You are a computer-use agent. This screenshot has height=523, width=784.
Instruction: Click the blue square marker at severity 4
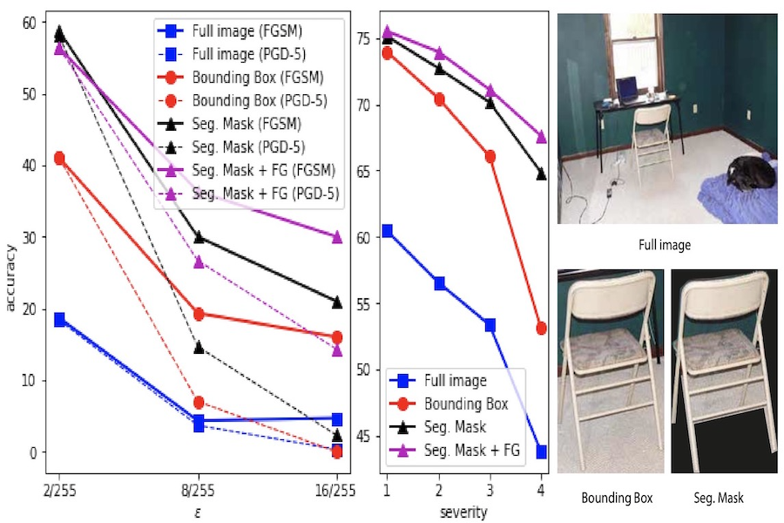pos(542,452)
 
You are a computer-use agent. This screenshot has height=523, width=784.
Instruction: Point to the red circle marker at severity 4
pos(542,329)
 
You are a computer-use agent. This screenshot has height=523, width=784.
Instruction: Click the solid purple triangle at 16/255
pos(337,236)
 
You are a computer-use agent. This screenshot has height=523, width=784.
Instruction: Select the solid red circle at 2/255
pos(59,158)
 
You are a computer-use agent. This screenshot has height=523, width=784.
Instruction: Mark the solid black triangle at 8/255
pos(199,237)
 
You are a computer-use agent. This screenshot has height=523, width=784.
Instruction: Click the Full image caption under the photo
pos(664,246)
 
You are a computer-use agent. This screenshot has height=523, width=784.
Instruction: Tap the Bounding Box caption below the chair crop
pos(617,499)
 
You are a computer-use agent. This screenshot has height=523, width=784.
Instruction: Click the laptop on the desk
pos(626,88)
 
